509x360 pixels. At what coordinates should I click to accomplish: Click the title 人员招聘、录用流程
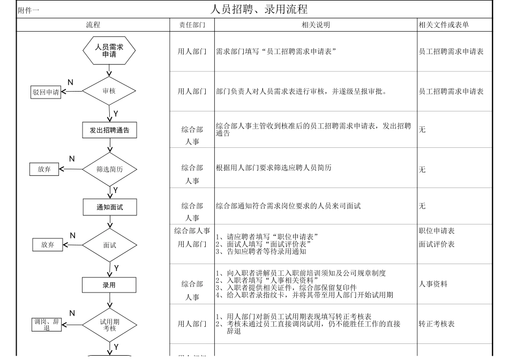click(x=259, y=9)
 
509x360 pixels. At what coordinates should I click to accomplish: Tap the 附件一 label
click(x=29, y=10)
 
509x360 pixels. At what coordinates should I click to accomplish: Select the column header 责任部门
click(x=192, y=25)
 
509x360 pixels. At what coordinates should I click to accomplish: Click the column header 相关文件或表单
click(x=447, y=25)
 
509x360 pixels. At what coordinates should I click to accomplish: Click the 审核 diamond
click(x=109, y=91)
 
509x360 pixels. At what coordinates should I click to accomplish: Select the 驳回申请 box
click(x=46, y=92)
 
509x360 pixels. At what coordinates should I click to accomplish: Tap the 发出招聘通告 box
click(x=109, y=130)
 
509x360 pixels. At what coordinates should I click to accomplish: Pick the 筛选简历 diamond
click(x=109, y=169)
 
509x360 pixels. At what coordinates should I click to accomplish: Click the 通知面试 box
click(x=109, y=207)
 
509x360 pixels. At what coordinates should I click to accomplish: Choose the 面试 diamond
click(x=109, y=245)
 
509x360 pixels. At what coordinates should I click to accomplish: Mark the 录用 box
click(x=109, y=285)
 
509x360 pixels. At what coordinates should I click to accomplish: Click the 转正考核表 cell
click(x=437, y=324)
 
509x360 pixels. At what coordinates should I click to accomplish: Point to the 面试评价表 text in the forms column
click(x=437, y=244)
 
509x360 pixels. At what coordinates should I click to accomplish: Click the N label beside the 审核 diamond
click(x=70, y=82)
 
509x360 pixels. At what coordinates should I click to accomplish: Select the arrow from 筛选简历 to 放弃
click(x=70, y=169)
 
